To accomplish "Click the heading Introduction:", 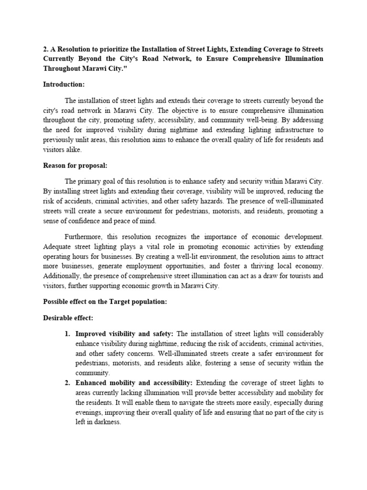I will click(x=64, y=84).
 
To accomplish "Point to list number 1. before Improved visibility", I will click(x=68, y=334).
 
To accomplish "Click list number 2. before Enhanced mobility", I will click(x=68, y=383).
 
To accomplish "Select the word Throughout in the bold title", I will click(x=64, y=68).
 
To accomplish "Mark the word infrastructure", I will click(x=289, y=130).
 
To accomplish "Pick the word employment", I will click(x=173, y=266).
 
